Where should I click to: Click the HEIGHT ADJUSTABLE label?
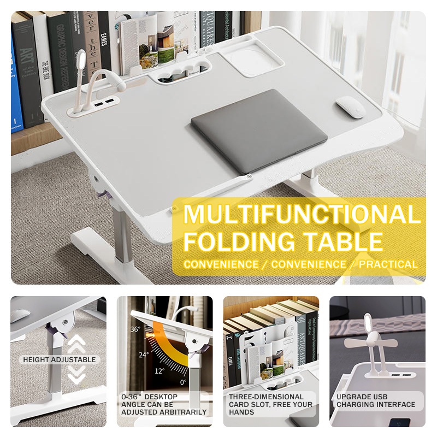click(x=59, y=360)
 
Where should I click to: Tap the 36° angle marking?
click(x=135, y=329)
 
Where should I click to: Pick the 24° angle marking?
click(x=143, y=355)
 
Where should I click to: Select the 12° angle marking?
click(x=160, y=371)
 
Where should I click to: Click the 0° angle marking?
click(x=184, y=382)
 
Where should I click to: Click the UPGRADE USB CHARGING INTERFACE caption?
click(x=376, y=400)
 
